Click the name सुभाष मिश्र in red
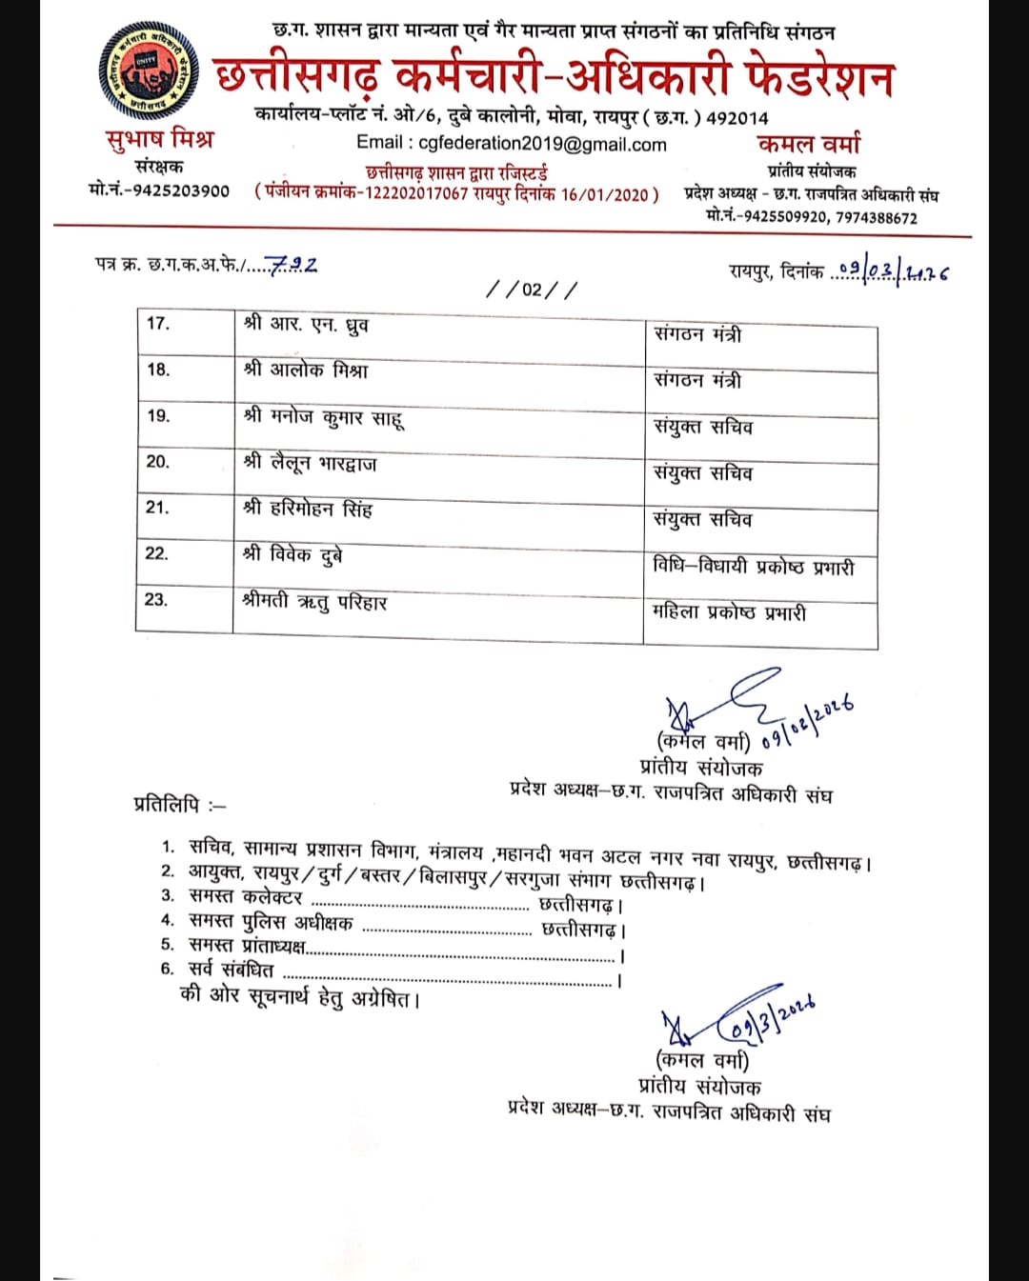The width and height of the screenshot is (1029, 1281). [160, 139]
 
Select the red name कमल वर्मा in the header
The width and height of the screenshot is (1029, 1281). [809, 144]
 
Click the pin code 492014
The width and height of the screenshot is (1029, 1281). [736, 118]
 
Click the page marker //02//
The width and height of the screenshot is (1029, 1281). [532, 290]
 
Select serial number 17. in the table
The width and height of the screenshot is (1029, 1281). [158, 324]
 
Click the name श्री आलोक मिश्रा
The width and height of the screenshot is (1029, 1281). [306, 370]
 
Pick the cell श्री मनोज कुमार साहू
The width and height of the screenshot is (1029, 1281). [324, 416]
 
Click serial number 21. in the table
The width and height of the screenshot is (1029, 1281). [157, 508]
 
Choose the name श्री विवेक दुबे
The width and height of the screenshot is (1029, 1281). [293, 554]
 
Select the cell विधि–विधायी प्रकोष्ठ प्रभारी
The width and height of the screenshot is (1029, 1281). [753, 567]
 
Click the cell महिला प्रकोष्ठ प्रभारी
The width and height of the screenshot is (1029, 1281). [729, 612]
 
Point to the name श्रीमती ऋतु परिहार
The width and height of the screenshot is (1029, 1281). [314, 601]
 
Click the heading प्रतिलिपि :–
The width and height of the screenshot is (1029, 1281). [180, 805]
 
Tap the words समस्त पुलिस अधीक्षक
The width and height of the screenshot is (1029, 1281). [271, 922]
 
